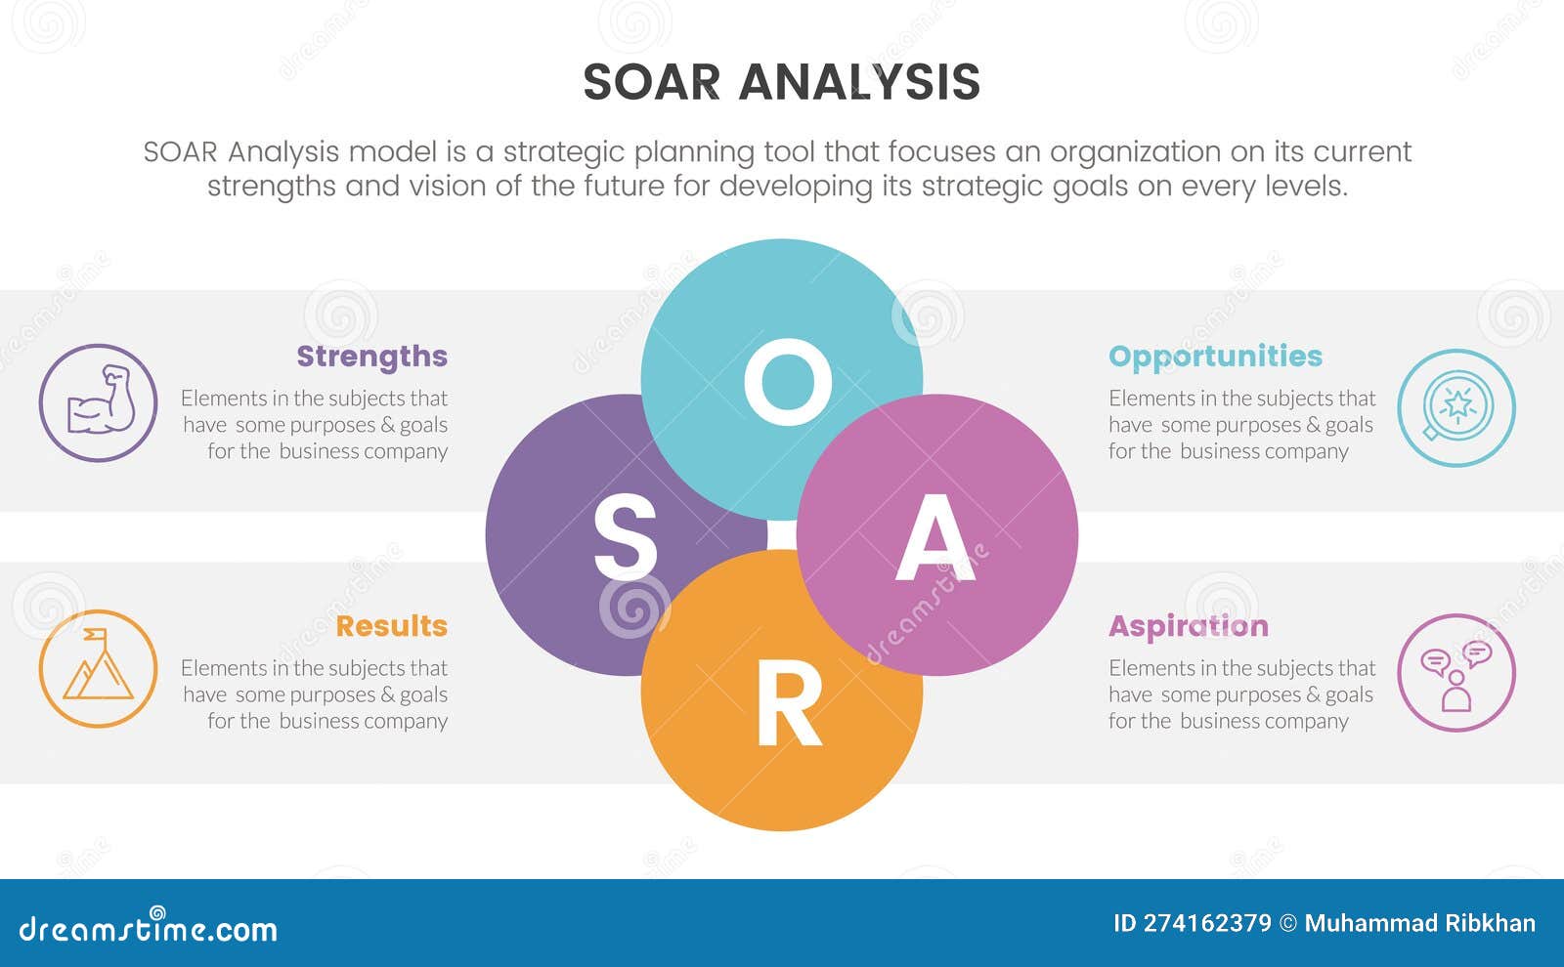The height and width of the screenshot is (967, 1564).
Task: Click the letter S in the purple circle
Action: point(625,536)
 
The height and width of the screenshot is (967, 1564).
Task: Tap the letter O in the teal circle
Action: point(787,382)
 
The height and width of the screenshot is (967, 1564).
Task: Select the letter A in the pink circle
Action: point(935,537)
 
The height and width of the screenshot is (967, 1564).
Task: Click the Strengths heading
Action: point(371,357)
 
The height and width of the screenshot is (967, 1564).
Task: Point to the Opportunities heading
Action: point(1215,357)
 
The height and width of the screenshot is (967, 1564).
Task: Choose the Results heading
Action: point(391,626)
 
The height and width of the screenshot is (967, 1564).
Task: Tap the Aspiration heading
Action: point(1188,626)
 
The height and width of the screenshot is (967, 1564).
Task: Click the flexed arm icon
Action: point(99,401)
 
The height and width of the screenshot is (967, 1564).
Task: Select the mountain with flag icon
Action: point(98,668)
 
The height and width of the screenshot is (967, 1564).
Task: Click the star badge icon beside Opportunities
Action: point(1456,407)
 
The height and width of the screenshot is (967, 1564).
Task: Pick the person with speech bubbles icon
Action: point(1456,673)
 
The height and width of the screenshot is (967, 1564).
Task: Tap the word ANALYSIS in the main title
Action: point(859,82)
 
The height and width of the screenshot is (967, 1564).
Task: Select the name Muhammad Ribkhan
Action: point(1419,923)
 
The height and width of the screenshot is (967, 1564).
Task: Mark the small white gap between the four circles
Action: point(782,535)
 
